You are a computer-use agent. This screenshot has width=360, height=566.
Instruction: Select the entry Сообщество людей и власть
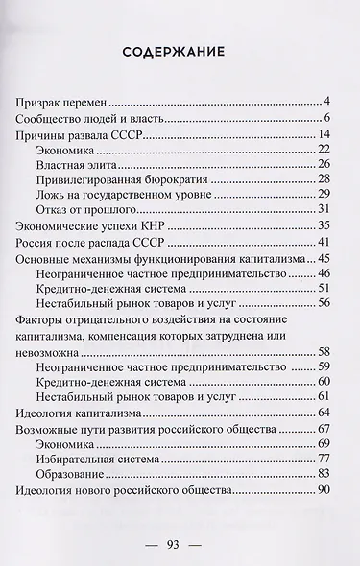[90, 119]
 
